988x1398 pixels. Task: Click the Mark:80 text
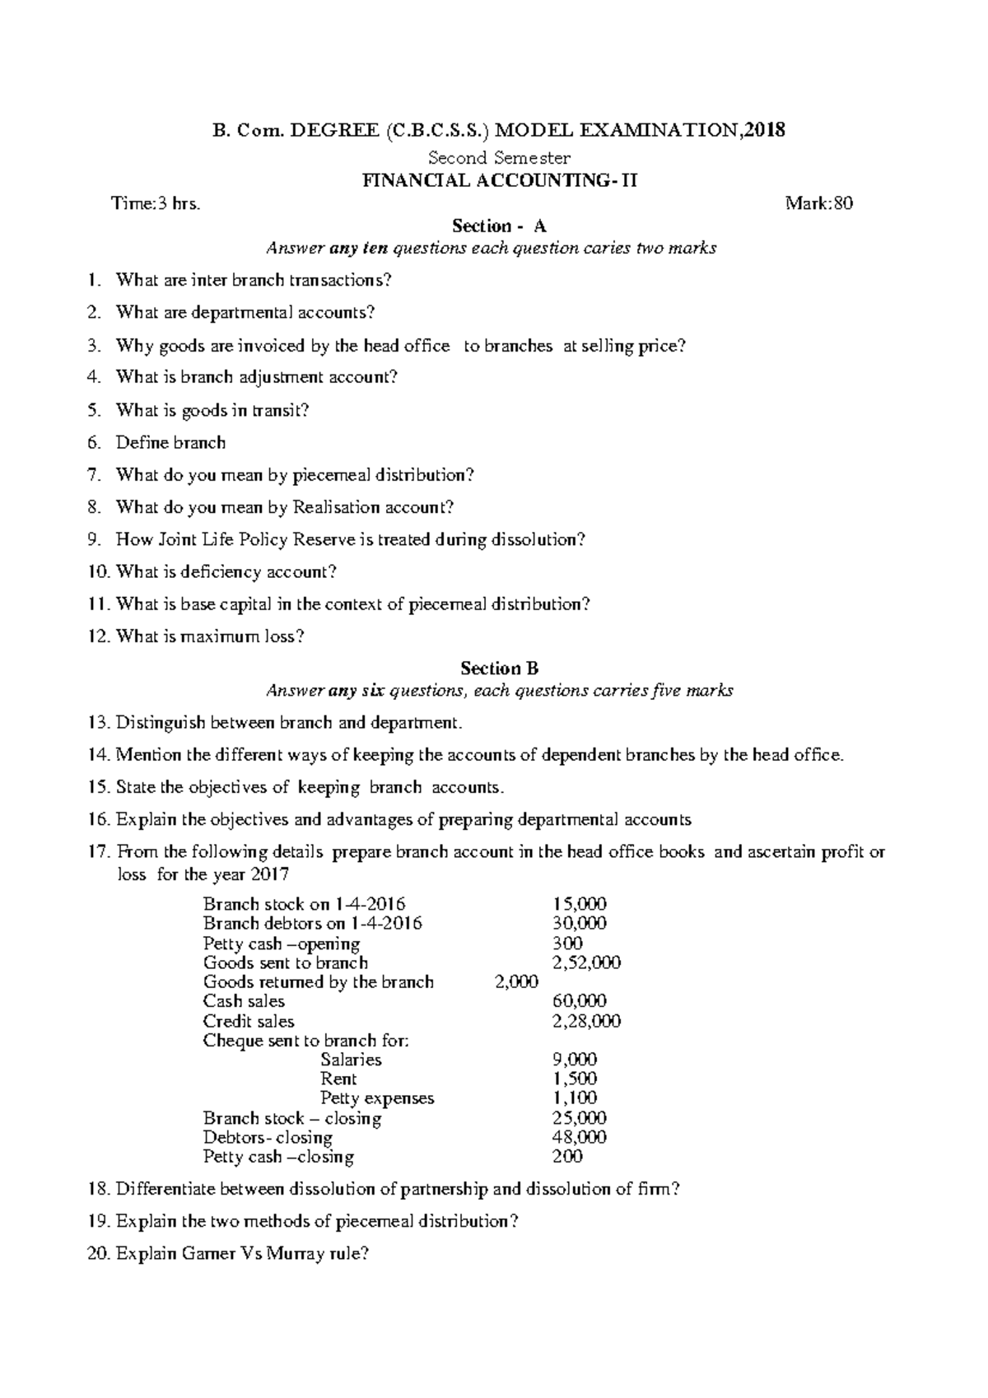tap(818, 203)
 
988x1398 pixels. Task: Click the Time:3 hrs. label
tap(156, 203)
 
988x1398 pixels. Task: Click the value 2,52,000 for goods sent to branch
tap(586, 962)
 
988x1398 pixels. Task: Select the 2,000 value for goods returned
tap(516, 981)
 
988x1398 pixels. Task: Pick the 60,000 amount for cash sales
tap(580, 1001)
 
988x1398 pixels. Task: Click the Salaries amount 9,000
tap(575, 1060)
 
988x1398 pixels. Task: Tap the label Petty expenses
tap(377, 1098)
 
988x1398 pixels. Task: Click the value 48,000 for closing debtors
tap(580, 1137)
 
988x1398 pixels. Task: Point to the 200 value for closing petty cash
tap(567, 1156)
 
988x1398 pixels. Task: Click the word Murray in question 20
tap(296, 1254)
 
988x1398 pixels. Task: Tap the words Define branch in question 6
tap(170, 442)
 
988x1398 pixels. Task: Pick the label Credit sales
tap(249, 1021)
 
